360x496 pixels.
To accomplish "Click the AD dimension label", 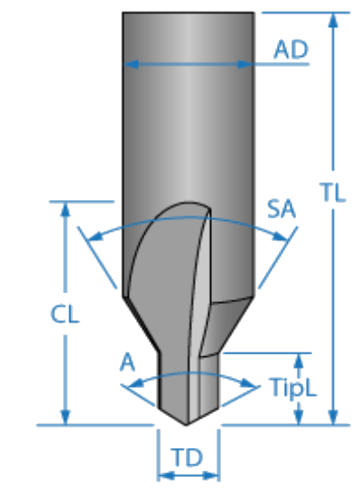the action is (291, 50).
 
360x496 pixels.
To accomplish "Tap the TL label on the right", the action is (333, 192).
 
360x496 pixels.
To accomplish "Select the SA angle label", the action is (282, 209).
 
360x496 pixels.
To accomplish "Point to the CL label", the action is (65, 314).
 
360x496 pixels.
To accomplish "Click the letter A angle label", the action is (127, 362).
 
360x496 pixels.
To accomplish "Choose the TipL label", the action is (293, 388).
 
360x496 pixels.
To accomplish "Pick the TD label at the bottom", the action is (188, 457).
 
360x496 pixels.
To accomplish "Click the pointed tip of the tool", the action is (187, 425).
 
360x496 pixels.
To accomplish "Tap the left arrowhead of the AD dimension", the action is (132, 64).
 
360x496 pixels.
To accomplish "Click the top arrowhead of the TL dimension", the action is (333, 20).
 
